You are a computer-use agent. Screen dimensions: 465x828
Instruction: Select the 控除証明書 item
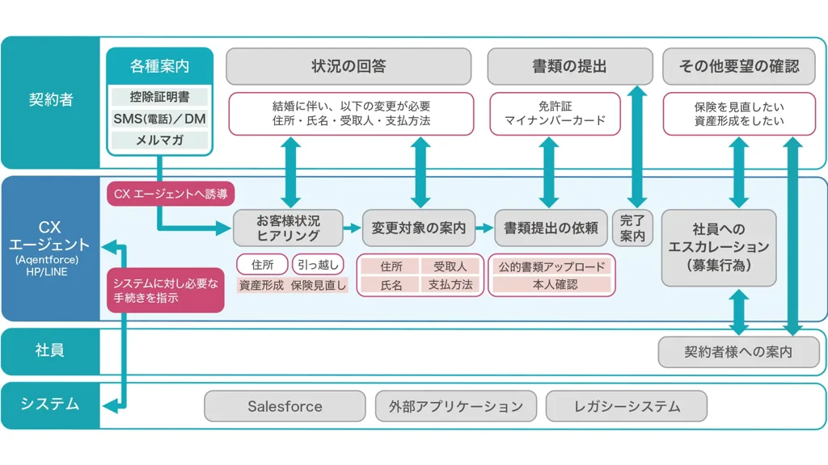[x=159, y=97]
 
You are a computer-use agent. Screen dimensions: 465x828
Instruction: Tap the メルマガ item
[x=159, y=140]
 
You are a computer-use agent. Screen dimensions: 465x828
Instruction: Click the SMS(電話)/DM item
[x=159, y=119]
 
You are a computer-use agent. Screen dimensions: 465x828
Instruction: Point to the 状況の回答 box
[x=349, y=66]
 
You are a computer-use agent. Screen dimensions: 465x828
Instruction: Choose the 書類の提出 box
[x=569, y=66]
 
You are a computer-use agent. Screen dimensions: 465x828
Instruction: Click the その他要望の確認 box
[x=739, y=66]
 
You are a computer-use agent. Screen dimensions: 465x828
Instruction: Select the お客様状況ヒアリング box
[x=288, y=228]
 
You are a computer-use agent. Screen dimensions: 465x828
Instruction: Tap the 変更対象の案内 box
[x=419, y=228]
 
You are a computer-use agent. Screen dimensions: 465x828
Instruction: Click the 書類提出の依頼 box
[x=551, y=228]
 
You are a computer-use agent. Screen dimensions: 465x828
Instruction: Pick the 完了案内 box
[x=632, y=228]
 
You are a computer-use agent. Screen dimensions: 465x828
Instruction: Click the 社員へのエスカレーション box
[x=718, y=246]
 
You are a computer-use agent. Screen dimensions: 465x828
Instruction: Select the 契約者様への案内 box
[x=738, y=352]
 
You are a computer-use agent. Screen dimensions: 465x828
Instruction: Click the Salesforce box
[x=285, y=406]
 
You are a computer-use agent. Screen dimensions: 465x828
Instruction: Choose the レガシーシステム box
[x=627, y=406]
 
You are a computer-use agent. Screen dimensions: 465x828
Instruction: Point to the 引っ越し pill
[x=318, y=264]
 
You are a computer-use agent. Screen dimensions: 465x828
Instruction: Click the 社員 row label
[x=50, y=350]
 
